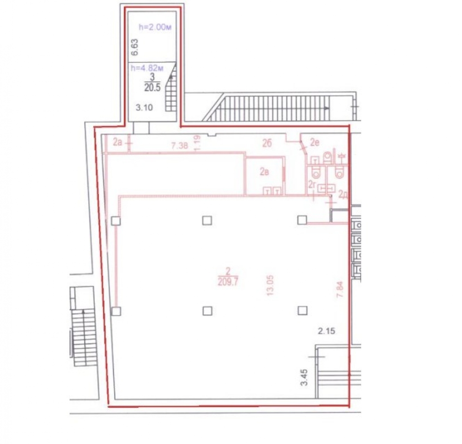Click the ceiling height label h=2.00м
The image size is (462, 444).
[x=155, y=27]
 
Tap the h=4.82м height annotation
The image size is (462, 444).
[x=147, y=68]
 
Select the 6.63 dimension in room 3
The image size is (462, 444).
[x=134, y=48]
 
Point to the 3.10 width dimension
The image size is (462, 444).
[x=144, y=108]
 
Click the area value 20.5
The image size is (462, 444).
[x=152, y=87]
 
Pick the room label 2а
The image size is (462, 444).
[x=117, y=142]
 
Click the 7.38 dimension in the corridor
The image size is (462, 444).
[x=179, y=145]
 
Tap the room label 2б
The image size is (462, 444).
[x=267, y=143]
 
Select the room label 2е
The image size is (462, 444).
[x=315, y=143]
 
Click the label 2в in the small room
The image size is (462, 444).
[x=264, y=172]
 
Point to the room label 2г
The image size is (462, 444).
[x=312, y=185]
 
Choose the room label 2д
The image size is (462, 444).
[x=342, y=194]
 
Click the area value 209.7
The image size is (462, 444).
[x=228, y=282]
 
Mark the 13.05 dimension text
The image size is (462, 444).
[x=270, y=285]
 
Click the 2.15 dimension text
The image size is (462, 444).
[x=327, y=331]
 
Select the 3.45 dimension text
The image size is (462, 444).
[x=304, y=377]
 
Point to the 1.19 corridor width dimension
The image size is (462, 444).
[x=197, y=143]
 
